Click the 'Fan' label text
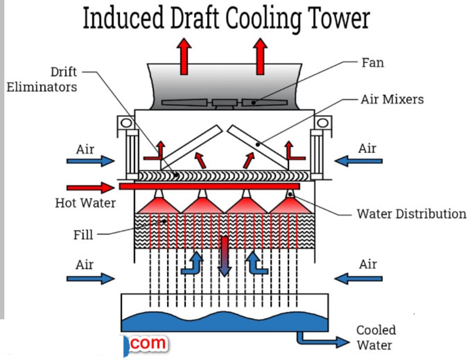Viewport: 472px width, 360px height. coord(373,63)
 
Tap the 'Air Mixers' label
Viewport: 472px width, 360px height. coord(392,99)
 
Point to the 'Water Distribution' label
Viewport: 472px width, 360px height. coord(411,214)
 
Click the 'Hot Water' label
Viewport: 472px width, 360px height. coord(85,203)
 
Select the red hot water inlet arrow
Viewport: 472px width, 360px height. coord(90,188)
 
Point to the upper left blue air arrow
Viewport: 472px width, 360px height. coord(90,161)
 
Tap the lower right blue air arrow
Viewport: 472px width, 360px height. coord(358,278)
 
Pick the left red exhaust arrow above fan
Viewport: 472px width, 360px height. coord(185,56)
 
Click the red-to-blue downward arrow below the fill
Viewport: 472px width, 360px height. coord(225,256)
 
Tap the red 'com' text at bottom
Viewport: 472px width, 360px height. coord(148,343)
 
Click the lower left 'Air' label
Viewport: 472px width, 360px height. coord(85,265)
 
